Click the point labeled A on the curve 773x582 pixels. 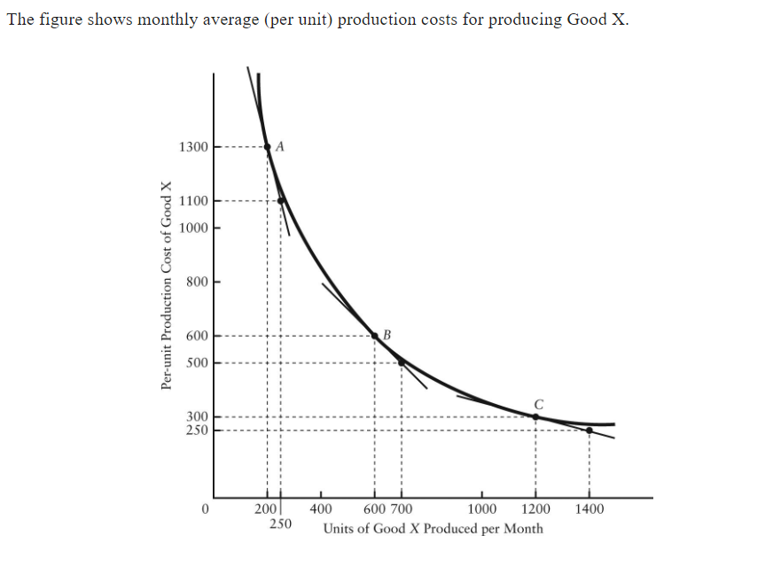(268, 147)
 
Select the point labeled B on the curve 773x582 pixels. (374, 336)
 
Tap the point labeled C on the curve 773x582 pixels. (535, 416)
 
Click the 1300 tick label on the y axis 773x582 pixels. (193, 147)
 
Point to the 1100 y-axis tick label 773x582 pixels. (193, 200)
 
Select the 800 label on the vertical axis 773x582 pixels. (197, 282)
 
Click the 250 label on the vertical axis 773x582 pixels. (197, 431)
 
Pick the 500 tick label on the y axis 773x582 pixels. (197, 363)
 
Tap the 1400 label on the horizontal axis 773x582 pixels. (590, 509)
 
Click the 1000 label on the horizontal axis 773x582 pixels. (482, 509)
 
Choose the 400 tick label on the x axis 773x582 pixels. (321, 509)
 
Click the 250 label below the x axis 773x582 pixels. (281, 524)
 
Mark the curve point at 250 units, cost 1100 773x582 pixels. (281, 200)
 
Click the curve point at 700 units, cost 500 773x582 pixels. (402, 361)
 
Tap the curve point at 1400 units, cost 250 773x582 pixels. (589, 431)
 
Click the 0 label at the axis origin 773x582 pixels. (205, 509)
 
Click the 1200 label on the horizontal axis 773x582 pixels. (535, 509)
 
